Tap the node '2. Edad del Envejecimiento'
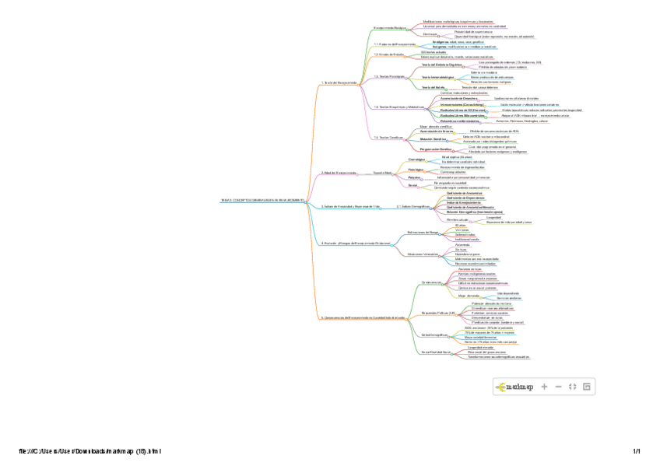tap(339, 173)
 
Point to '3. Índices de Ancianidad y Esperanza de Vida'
tap(350, 206)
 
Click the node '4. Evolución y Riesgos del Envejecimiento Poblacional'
tap(356, 243)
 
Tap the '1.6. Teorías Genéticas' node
tap(387, 137)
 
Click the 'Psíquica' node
tap(414, 177)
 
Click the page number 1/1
tap(636, 451)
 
